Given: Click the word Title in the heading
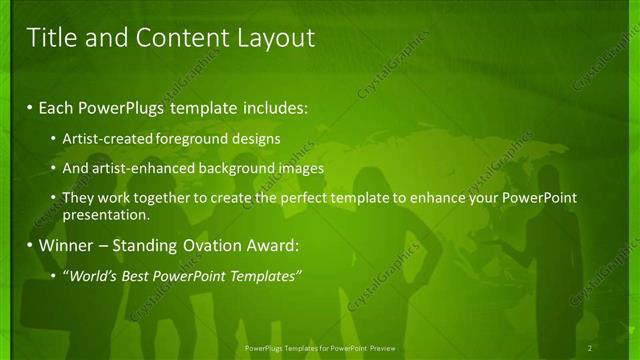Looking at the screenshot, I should [48, 38].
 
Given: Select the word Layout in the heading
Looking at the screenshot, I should [275, 38].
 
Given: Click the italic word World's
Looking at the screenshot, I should [90, 275].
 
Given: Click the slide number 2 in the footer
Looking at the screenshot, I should [590, 348].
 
